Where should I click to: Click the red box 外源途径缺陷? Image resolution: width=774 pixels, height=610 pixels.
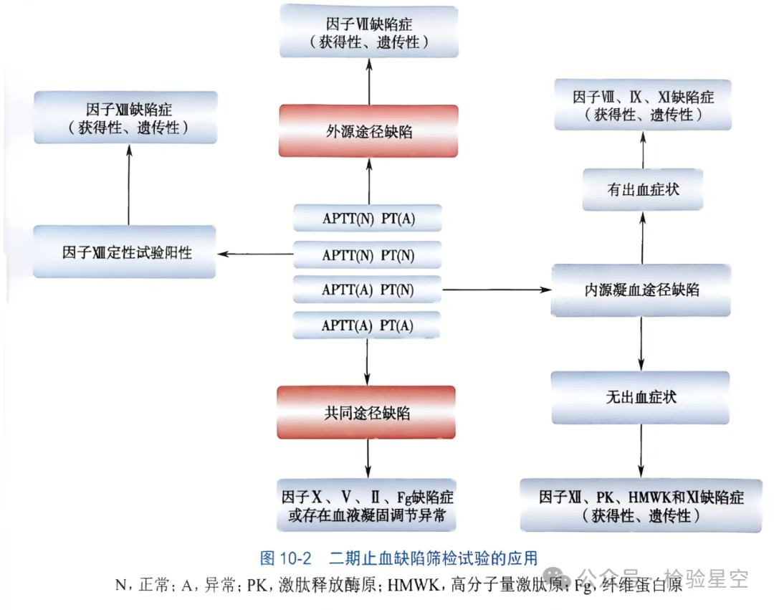click(x=368, y=131)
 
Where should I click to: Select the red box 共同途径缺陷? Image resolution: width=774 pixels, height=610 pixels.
click(x=367, y=413)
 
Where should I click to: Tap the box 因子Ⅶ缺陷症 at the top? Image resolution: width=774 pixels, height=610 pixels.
click(x=369, y=31)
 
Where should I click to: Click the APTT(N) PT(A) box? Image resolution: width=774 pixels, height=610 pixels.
click(x=368, y=218)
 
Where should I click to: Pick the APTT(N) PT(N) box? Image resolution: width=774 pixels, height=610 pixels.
click(x=368, y=254)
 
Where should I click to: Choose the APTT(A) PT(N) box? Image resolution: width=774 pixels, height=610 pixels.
click(x=368, y=290)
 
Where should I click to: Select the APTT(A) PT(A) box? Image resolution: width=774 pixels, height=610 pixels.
click(x=368, y=325)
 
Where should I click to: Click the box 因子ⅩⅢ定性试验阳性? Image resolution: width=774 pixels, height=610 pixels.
click(x=125, y=252)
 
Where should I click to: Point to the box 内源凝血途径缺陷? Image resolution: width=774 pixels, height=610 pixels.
click(x=641, y=290)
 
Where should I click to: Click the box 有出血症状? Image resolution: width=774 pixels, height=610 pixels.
click(x=642, y=190)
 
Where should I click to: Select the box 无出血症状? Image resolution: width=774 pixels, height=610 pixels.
click(x=641, y=396)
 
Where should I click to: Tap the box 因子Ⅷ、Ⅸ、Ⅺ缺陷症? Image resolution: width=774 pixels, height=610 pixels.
click(x=643, y=105)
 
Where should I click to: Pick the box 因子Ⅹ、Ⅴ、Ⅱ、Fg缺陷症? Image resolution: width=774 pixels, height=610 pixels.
click(x=367, y=505)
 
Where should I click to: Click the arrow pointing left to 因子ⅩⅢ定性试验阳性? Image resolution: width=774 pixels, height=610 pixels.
click(x=255, y=253)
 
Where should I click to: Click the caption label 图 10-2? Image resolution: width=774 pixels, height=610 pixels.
click(x=287, y=557)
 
